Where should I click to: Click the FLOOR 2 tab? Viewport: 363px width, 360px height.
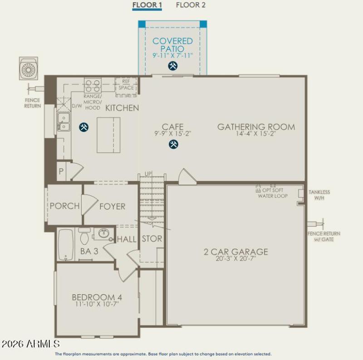[191, 5]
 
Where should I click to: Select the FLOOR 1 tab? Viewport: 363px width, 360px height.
[147, 5]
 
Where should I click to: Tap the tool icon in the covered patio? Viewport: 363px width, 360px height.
[172, 66]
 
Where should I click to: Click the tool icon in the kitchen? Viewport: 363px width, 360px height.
[83, 127]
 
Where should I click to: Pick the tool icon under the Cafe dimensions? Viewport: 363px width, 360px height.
[173, 144]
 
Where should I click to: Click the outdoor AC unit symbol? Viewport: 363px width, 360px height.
[28, 69]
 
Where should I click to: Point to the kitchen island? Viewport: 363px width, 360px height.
[109, 135]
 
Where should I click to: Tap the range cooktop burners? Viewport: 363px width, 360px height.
[93, 86]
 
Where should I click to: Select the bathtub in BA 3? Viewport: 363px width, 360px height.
[66, 245]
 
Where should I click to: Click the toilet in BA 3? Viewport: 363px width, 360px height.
[84, 236]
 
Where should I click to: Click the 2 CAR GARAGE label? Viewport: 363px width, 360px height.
[235, 252]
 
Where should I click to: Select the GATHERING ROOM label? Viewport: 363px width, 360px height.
[256, 127]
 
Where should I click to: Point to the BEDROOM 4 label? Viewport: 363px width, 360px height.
[97, 297]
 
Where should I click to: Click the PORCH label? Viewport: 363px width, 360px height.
[64, 206]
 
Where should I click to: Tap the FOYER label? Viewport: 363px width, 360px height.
[112, 206]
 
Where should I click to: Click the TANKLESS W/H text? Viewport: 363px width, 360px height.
[319, 195]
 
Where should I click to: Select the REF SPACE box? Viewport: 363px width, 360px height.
[126, 85]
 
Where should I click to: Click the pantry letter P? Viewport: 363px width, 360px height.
[61, 171]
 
